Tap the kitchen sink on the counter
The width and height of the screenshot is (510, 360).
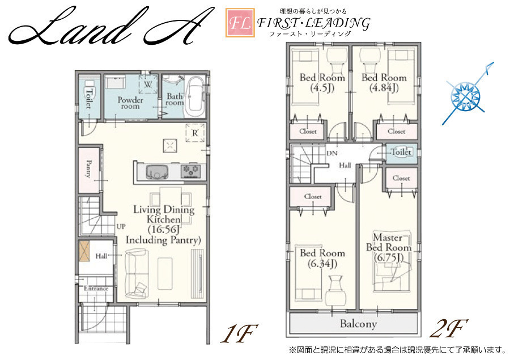[x=157, y=171]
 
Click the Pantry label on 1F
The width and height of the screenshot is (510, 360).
[x=88, y=168]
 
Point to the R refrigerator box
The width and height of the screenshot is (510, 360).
[x=195, y=133]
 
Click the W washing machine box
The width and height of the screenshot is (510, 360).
[x=148, y=84]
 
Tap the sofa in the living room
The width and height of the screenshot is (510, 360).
[x=137, y=273]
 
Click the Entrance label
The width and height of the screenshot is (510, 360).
[x=96, y=289]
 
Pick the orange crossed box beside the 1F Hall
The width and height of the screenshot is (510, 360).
[x=84, y=251]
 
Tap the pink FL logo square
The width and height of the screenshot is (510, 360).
[x=240, y=23]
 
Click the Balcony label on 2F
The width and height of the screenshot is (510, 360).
[x=359, y=324]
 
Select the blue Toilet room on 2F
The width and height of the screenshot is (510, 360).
[x=401, y=153]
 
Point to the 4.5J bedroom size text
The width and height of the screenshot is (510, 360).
[x=322, y=88]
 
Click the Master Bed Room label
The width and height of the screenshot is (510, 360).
[x=389, y=243]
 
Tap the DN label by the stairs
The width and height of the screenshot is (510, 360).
[x=331, y=153]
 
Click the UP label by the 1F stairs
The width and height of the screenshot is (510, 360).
[x=121, y=226]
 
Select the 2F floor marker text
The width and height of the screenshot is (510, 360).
[x=449, y=328]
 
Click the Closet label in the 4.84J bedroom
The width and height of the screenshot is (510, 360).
[x=397, y=132]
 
